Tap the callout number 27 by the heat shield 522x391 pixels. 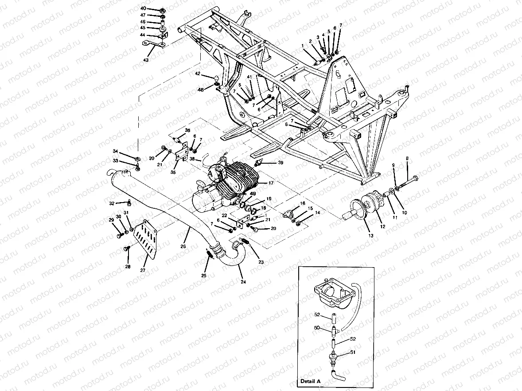point(143,270)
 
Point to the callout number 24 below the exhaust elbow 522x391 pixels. point(242,282)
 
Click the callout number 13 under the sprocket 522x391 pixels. point(370,236)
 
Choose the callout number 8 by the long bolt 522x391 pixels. point(407,158)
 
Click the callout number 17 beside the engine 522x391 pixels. point(270,183)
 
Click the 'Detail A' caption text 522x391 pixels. point(309,380)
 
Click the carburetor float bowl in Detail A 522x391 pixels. point(332,294)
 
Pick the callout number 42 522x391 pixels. point(198,73)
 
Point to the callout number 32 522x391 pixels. point(112,203)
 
